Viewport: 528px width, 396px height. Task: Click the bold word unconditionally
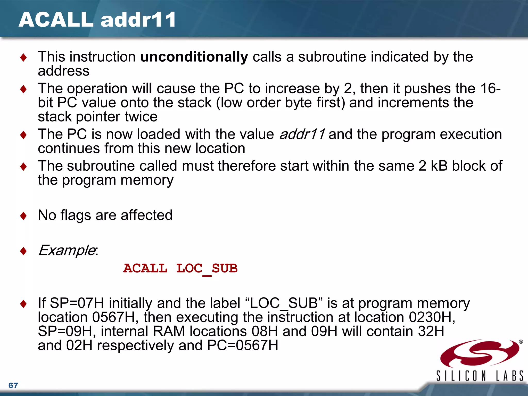194,57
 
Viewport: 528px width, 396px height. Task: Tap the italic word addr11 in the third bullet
302,134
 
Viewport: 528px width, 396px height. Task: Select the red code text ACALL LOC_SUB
180,269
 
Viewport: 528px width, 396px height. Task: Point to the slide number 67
13,385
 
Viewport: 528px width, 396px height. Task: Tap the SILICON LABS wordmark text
480,376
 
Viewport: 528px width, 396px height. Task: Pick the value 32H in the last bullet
431,332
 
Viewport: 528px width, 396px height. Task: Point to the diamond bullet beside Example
23,251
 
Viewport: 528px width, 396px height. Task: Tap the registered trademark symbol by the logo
521,342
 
